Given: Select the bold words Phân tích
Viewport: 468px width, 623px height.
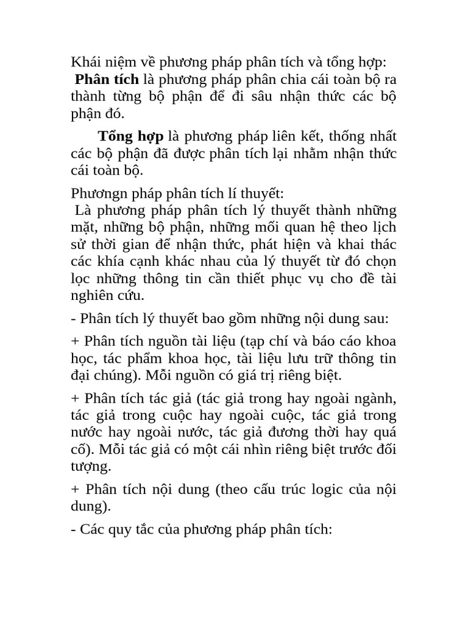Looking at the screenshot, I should click(x=107, y=80).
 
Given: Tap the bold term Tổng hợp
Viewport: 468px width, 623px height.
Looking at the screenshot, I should click(x=130, y=136).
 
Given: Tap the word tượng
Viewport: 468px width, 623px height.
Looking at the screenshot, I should click(x=90, y=467).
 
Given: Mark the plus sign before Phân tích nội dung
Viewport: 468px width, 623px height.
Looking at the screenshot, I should click(x=76, y=490).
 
